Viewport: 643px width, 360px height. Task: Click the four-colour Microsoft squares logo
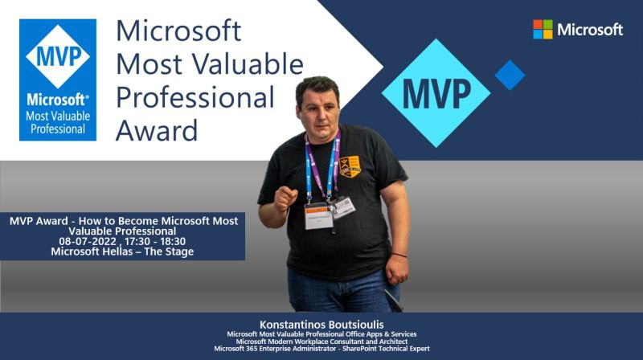[x=543, y=30]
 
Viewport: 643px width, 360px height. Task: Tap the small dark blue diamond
[x=510, y=75]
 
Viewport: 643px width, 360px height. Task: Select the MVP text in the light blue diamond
[x=436, y=93]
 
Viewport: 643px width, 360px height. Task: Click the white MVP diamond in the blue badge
[x=58, y=56]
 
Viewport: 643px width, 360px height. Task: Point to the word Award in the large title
[x=157, y=130]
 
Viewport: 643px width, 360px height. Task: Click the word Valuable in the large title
[x=248, y=64]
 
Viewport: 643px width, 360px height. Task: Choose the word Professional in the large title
[x=195, y=97]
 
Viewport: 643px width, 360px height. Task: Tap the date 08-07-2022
[x=88, y=241]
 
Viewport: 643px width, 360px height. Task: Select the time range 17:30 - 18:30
[x=155, y=241]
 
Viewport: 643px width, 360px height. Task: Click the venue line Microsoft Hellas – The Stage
[x=122, y=252]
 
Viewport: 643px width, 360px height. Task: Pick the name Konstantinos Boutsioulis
[x=321, y=325]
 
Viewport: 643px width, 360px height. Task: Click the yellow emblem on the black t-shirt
[x=350, y=166]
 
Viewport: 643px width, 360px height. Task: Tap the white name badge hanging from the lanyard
[x=318, y=215]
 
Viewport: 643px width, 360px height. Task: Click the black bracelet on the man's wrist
[x=399, y=255]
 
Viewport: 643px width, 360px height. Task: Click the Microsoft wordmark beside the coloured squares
[x=590, y=30]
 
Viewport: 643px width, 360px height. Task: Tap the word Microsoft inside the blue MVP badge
[x=57, y=100]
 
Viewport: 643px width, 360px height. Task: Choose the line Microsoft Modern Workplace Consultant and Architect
[x=321, y=342]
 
